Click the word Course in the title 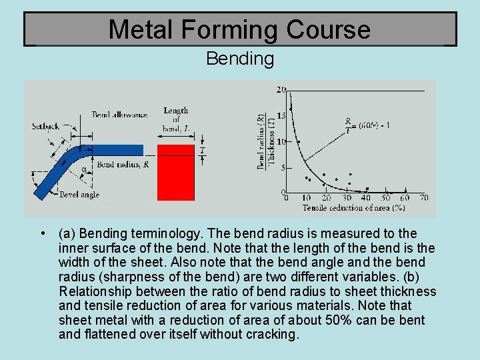(328, 29)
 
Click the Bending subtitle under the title (240, 59)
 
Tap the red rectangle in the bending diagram (176, 172)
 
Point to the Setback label (45, 126)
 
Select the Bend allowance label (119, 115)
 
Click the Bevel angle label (79, 194)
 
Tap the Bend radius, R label (123, 164)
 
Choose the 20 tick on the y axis (281, 89)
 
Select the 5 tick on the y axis (283, 167)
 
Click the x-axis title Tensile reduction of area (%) (354, 208)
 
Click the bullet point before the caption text (42, 233)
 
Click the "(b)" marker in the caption (415, 277)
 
